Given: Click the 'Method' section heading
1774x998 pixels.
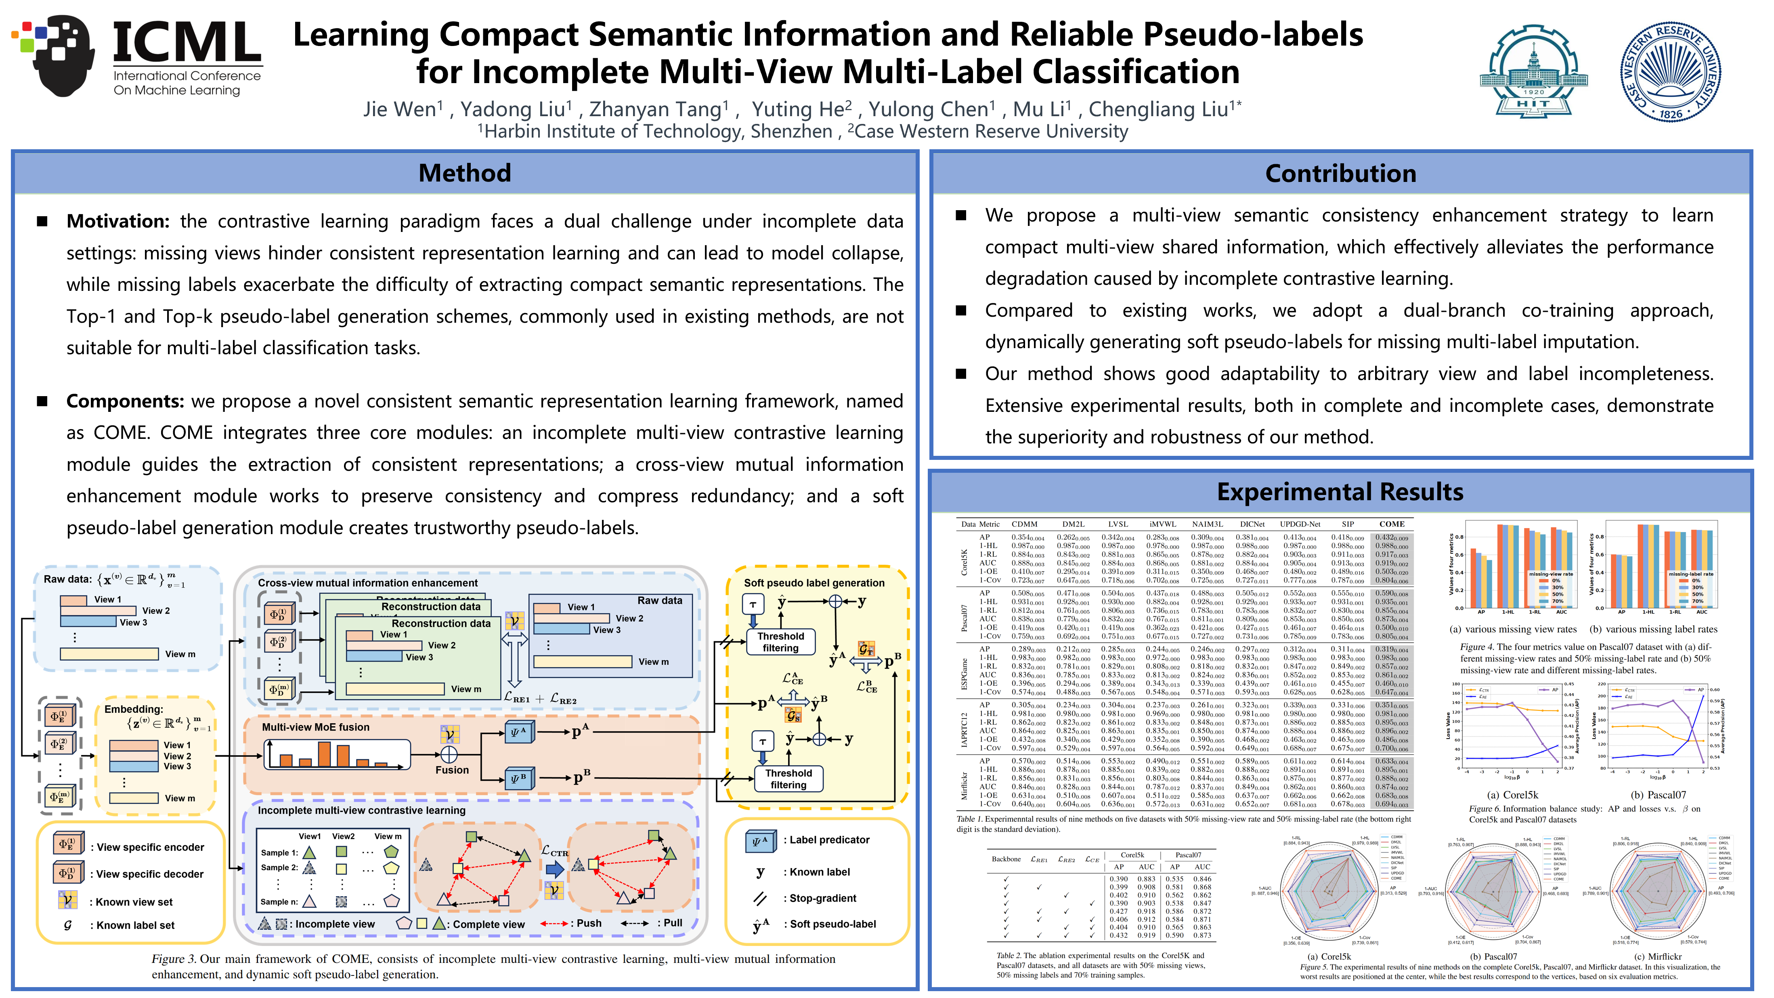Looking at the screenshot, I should [465, 173].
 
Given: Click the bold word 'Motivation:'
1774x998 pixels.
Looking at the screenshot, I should [117, 221].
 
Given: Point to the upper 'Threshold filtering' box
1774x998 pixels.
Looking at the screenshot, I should [780, 641].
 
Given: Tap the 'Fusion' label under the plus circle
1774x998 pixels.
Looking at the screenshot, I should [452, 770].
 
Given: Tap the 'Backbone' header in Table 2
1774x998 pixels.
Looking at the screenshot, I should [1006, 858].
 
